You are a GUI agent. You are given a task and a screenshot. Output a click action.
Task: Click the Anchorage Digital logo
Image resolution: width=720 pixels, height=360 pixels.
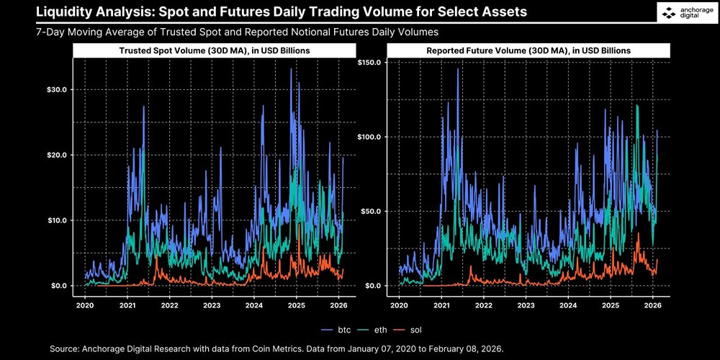[685, 13]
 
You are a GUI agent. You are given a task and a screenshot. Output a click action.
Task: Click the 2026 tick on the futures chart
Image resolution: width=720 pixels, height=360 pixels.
[652, 305]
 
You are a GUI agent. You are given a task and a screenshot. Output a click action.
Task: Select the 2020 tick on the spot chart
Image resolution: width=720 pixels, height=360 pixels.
[85, 305]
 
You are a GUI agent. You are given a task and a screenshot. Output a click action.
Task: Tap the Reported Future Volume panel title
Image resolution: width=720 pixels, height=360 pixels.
[528, 51]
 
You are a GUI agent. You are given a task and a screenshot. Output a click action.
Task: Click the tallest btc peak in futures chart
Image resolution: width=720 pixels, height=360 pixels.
[457, 69]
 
